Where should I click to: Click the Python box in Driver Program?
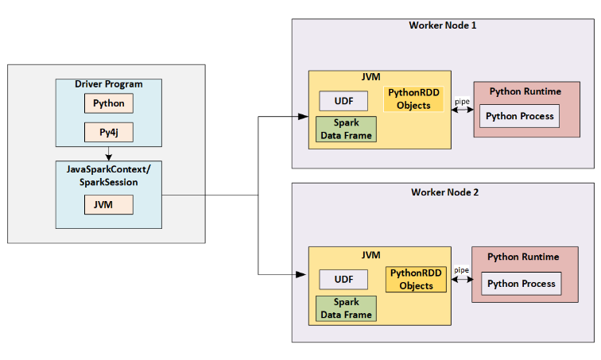(x=108, y=103)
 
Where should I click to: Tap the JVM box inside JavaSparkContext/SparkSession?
(x=108, y=204)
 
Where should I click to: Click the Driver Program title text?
(x=108, y=84)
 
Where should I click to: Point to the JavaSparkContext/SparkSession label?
(x=108, y=176)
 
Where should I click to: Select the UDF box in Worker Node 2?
(x=343, y=279)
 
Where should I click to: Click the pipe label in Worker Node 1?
(x=462, y=102)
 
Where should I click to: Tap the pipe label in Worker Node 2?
(x=461, y=270)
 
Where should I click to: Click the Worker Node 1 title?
(x=443, y=25)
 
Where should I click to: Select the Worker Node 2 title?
(x=444, y=192)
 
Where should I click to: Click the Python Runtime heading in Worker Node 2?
(x=522, y=257)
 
